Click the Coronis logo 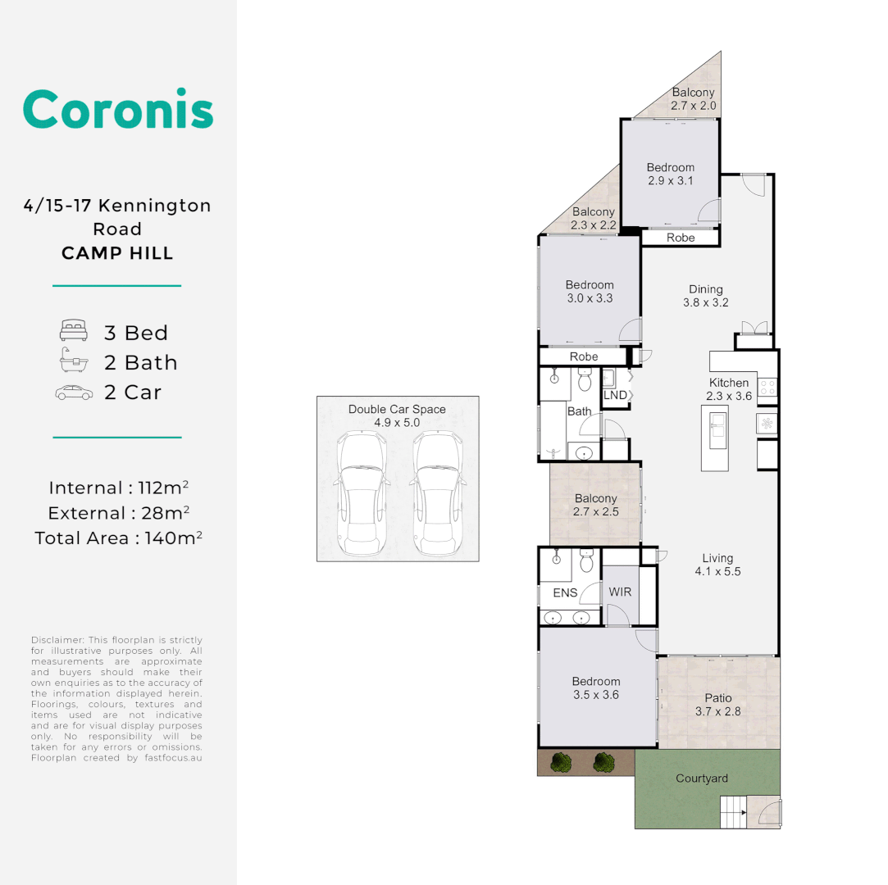coord(118,109)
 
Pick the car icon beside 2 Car coord(73,393)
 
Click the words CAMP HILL coord(117,253)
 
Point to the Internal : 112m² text coord(119,488)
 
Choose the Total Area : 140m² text coord(118,538)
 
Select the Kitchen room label coord(728,383)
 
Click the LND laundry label coord(615,395)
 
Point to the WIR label coord(620,592)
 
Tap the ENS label coord(565,593)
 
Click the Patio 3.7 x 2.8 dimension coord(718,711)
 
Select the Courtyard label coord(701,778)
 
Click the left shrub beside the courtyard coord(561,762)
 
